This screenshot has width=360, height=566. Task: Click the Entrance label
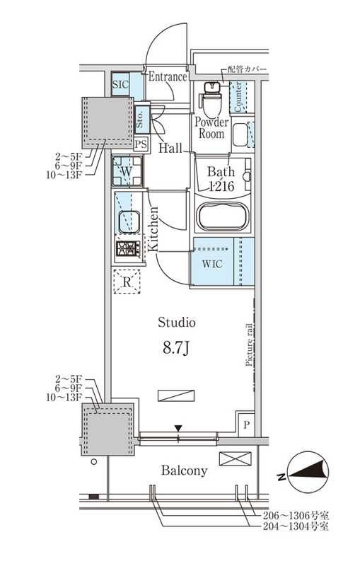(167, 76)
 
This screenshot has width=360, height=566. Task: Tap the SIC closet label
(121, 85)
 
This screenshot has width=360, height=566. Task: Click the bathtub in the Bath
(222, 216)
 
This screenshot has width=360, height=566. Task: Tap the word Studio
(177, 323)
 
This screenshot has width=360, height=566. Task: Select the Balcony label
(184, 470)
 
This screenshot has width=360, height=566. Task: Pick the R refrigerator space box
(127, 281)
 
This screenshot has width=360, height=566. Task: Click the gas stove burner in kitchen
(127, 248)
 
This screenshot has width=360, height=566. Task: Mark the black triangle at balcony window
(179, 427)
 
